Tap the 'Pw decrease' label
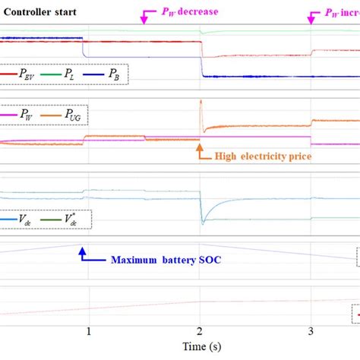(189, 13)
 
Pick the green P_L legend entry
(66, 74)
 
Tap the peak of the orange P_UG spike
(201, 101)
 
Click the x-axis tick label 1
(89, 331)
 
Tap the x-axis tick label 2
(200, 331)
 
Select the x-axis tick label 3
(311, 331)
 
